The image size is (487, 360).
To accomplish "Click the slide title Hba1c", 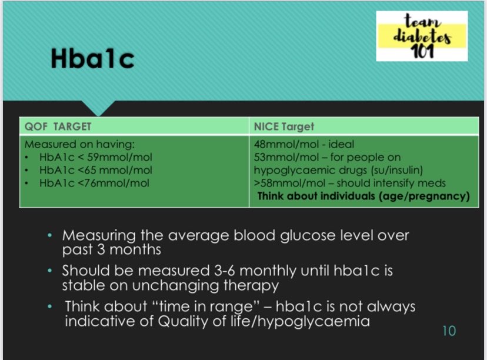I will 92,59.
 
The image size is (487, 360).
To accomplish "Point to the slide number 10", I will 448,331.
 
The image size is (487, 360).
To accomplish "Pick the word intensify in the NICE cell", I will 401,183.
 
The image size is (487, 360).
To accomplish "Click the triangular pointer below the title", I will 98,109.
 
